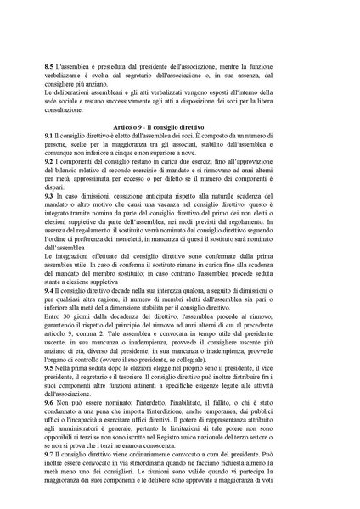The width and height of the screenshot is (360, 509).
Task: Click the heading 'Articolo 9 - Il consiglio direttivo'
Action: coord(180,126)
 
